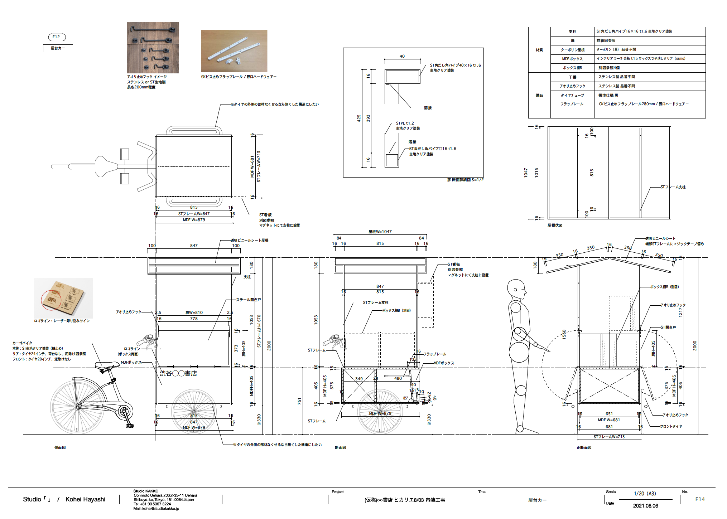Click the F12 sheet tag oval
click(57, 37)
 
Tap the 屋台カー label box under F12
click(58, 48)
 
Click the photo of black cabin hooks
click(153, 48)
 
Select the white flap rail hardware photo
click(234, 51)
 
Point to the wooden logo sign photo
click(63, 298)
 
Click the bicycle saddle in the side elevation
click(107, 365)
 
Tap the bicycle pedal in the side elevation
click(130, 426)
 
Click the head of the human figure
click(516, 289)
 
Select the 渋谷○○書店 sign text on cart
click(178, 373)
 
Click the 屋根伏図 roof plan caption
click(555, 225)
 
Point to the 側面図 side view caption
click(60, 447)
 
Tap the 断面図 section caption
click(340, 447)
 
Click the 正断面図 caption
click(584, 447)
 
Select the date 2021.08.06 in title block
click(645, 506)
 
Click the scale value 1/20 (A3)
click(645, 494)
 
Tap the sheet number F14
click(700, 499)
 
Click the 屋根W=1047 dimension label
click(380, 232)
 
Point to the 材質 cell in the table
click(539, 50)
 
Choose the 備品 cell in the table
click(539, 95)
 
